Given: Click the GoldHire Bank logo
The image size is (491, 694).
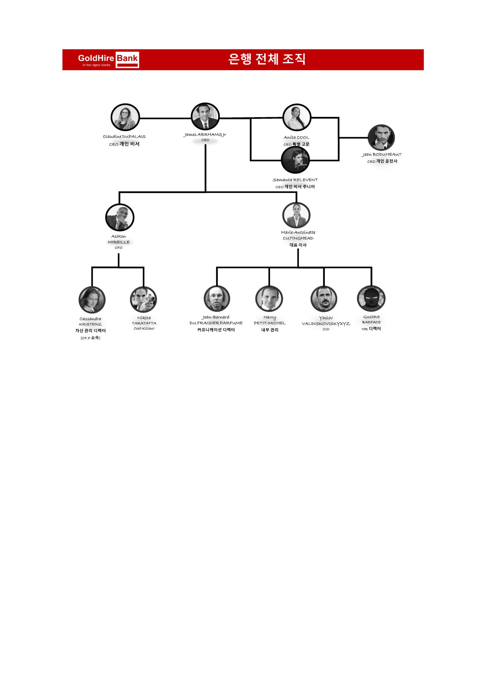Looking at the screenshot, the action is [x=108, y=60].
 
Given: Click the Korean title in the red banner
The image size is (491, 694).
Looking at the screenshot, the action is [x=267, y=59].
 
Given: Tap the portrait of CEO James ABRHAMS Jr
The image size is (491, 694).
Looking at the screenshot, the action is [x=205, y=117].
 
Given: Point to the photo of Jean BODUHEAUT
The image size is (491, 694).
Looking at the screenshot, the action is [x=381, y=137].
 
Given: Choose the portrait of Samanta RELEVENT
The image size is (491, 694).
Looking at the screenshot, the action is [x=295, y=160].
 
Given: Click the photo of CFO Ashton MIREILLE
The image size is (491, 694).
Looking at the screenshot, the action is [x=120, y=217].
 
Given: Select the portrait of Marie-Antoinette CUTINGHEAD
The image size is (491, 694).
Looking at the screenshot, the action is [x=296, y=215].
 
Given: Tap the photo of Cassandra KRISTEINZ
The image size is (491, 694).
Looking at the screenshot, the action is [x=92, y=300].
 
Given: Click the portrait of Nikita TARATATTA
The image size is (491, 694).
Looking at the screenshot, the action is [x=144, y=300].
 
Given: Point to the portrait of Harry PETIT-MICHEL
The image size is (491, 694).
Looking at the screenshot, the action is [x=269, y=299].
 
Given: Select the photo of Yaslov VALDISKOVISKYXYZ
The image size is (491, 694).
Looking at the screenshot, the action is [x=324, y=299].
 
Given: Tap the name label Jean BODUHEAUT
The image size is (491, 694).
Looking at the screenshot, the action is [x=381, y=155].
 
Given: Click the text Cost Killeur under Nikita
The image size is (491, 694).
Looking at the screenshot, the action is [x=144, y=329].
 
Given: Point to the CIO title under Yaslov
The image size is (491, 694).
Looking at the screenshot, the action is [x=326, y=329].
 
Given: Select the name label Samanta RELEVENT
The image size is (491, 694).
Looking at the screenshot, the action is [x=295, y=180].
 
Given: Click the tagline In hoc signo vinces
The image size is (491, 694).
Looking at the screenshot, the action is [x=97, y=65].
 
